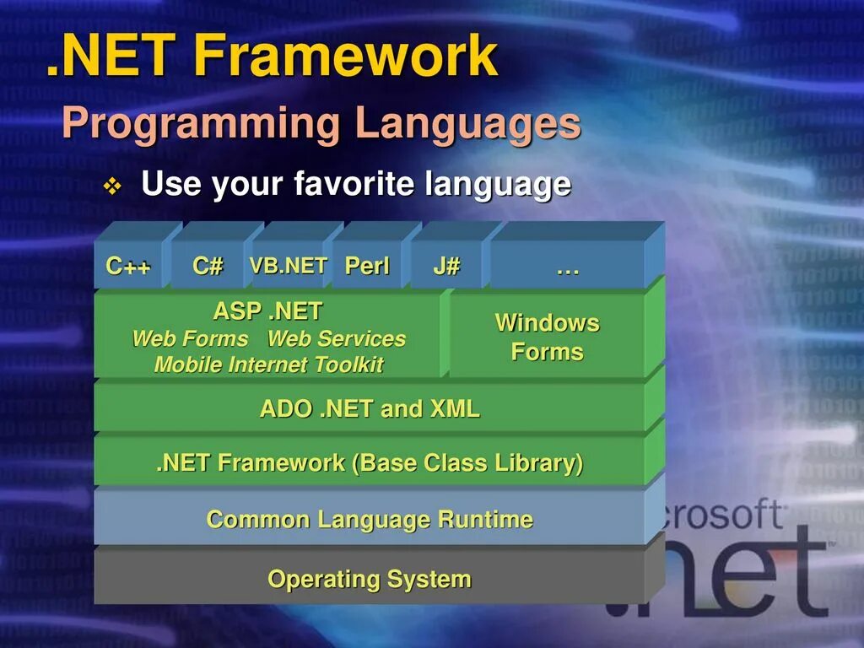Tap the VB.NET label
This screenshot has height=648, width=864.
coord(289,266)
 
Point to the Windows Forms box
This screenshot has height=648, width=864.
coord(547,336)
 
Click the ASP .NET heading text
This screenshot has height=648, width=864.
coord(267,311)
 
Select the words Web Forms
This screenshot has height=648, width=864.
coord(190,338)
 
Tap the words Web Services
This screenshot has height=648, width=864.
coord(337,338)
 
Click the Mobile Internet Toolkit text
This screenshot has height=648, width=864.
coord(269,364)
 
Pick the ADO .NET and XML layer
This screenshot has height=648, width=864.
coord(370,408)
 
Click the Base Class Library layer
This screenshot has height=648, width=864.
coord(370,462)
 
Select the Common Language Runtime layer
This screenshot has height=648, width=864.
coord(370,519)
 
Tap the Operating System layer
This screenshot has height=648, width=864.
coord(370,578)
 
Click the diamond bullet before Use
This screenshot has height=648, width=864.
coord(112,186)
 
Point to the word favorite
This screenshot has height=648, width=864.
coord(354,183)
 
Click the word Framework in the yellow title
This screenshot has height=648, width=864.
coord(346,55)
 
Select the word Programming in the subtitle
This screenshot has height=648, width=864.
coord(201,124)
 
